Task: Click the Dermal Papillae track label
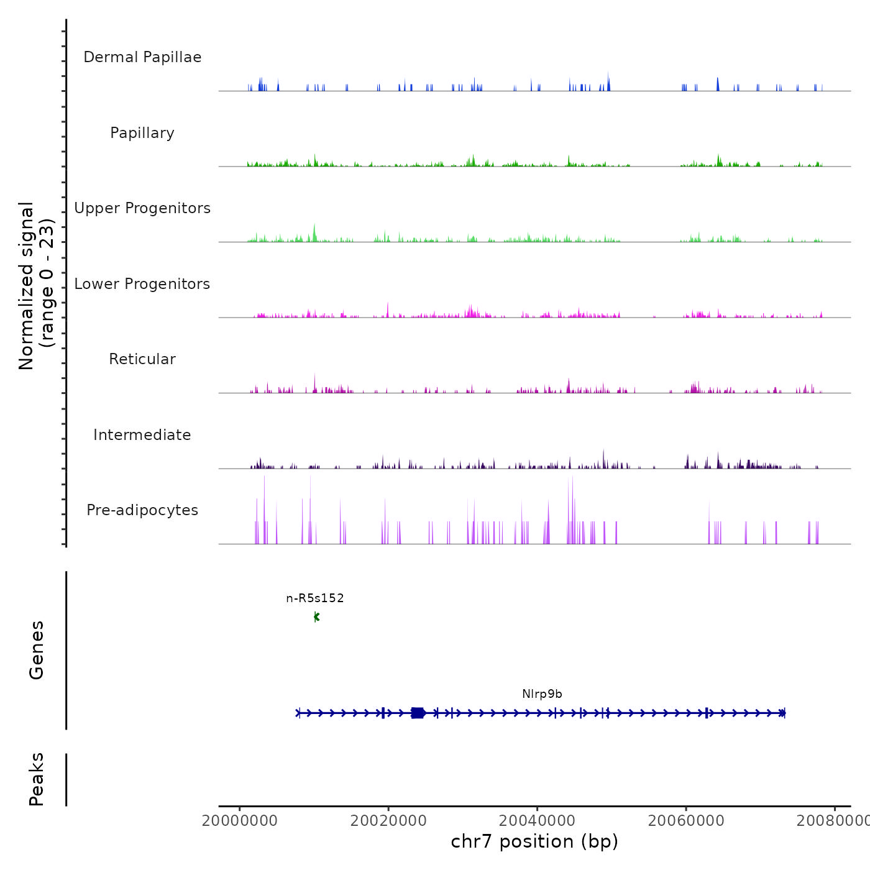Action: point(142,57)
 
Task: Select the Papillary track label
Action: point(142,133)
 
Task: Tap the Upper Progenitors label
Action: point(142,208)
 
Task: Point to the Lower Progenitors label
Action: point(142,284)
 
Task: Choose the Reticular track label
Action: point(142,359)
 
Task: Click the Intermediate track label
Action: point(142,435)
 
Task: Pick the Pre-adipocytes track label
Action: point(142,510)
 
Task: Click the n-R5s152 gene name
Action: point(315,598)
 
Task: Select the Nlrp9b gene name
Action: point(542,694)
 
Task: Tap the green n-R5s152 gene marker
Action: point(316,617)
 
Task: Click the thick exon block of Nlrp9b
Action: point(418,713)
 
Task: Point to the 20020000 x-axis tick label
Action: point(388,821)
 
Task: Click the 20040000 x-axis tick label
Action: point(538,821)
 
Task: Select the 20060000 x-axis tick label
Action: point(686,821)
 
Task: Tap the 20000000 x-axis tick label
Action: point(240,821)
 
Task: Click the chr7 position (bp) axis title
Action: point(534,841)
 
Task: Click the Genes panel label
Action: point(37,650)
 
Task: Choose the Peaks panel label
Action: point(37,779)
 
